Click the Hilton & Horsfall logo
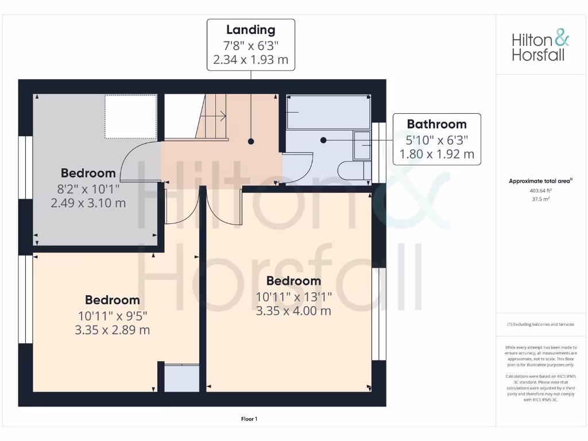540,47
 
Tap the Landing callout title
250,30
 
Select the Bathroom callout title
436,124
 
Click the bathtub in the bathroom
328,112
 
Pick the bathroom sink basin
362,145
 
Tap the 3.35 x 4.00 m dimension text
293,311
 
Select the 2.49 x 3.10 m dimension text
88,203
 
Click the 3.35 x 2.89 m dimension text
112,330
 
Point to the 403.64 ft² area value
540,191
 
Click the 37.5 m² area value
540,199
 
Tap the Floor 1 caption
249,419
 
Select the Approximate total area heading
540,181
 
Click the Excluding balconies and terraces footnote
540,324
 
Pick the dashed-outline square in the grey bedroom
130,117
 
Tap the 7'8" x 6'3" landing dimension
250,45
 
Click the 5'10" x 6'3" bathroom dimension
436,139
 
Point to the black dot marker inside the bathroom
323,140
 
